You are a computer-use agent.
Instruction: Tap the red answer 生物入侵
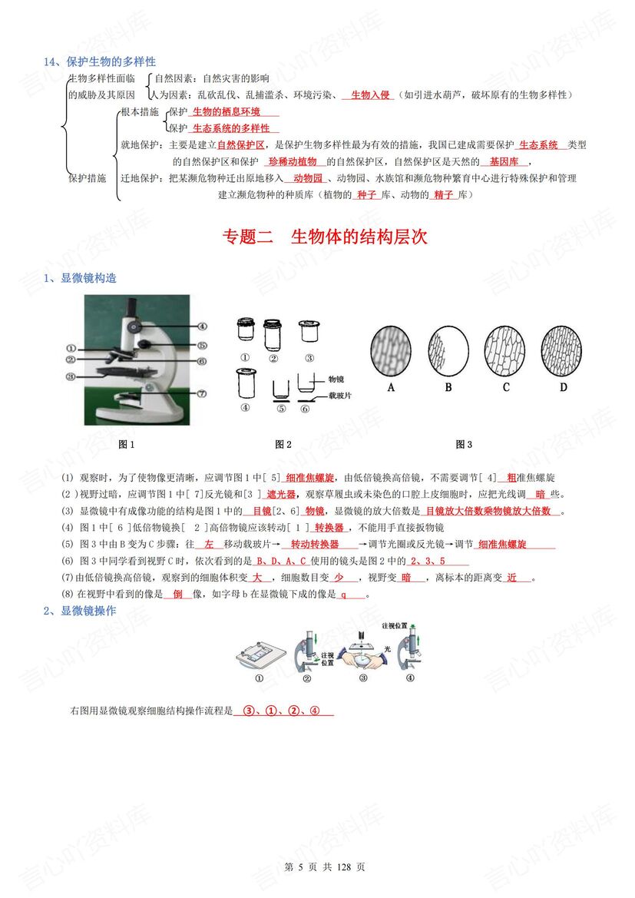pyautogui.click(x=368, y=95)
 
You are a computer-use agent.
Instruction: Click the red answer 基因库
pyautogui.click(x=504, y=162)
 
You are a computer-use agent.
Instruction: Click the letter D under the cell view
pyautogui.click(x=563, y=388)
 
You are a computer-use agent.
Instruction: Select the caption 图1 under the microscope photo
pyautogui.click(x=126, y=444)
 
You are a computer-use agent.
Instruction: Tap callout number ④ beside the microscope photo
pyautogui.click(x=202, y=326)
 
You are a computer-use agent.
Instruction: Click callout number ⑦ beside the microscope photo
pyautogui.click(x=202, y=393)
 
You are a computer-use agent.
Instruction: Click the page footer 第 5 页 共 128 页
pyautogui.click(x=324, y=867)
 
